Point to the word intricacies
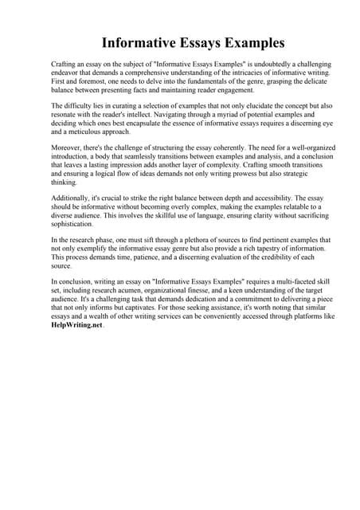[244, 71]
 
